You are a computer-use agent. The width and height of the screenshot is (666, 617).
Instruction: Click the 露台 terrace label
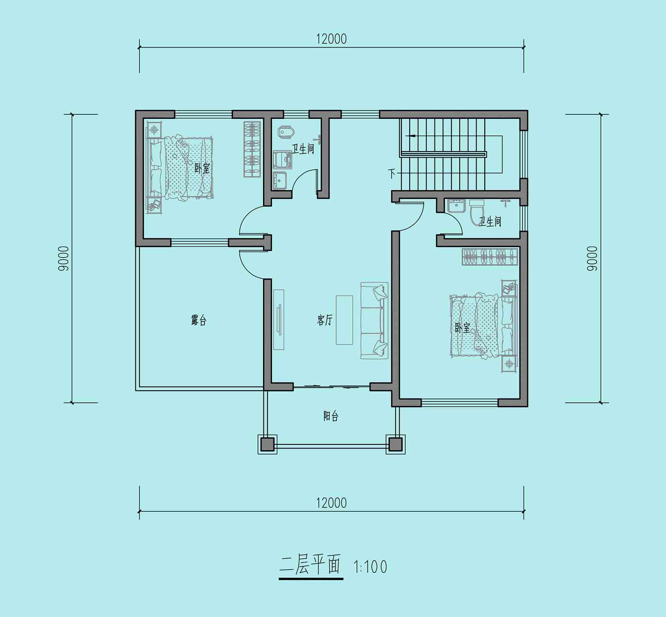pos(198,320)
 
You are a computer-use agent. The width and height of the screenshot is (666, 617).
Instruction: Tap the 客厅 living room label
pos(324,320)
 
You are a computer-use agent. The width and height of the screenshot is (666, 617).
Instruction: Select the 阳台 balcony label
pos(331,416)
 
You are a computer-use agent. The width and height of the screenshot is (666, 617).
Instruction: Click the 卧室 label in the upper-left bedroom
pos(202,168)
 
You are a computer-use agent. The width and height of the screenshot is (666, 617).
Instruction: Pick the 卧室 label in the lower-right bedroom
pos(463,328)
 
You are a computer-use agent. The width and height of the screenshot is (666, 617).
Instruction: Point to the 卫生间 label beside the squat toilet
pos(303,149)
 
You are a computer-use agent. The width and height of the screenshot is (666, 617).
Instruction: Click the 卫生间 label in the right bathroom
pos(490,221)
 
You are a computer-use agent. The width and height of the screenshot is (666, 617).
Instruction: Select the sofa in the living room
pos(374,320)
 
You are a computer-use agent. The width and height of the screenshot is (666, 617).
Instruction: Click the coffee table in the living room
pos(344,320)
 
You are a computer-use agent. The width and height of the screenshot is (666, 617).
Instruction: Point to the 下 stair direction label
pos(392,173)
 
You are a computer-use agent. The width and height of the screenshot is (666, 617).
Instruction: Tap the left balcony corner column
pos(267,444)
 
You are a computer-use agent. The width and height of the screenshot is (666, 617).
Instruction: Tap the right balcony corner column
pos(395,444)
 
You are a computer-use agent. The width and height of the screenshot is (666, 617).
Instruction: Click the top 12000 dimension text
pos(331,39)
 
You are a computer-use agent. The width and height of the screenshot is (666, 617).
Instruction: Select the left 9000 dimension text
pos(64,258)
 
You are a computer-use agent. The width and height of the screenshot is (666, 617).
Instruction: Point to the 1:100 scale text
pos(370,567)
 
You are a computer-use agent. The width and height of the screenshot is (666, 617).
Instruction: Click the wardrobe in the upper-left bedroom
pos(252,149)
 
